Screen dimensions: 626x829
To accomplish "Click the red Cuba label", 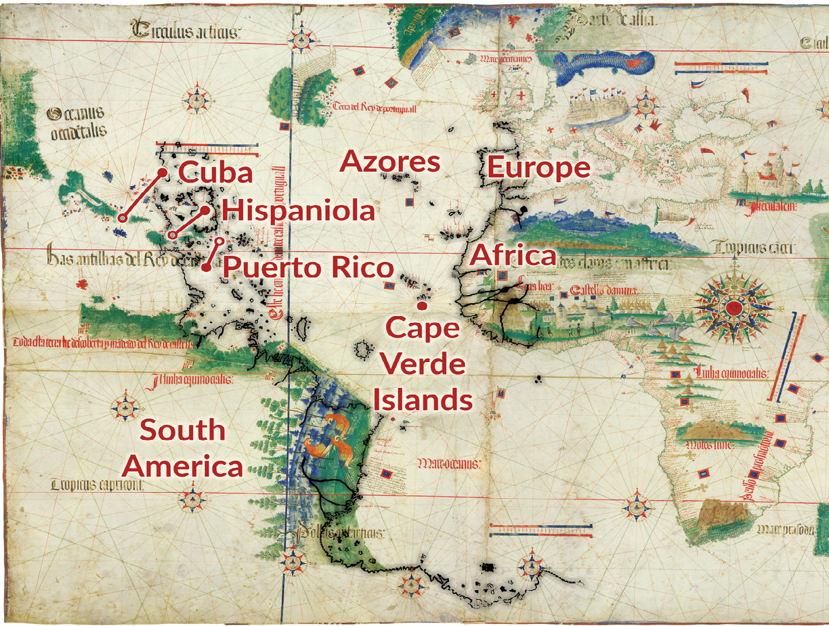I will (x=215, y=173).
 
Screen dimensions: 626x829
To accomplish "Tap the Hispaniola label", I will (x=298, y=210).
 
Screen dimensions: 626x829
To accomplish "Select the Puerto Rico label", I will (x=308, y=268).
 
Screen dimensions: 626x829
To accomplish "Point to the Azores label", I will (x=390, y=162).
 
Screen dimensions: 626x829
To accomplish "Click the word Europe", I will (x=538, y=167).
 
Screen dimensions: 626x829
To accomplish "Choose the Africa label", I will (x=513, y=256).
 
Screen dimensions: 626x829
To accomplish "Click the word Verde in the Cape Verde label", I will (x=423, y=365).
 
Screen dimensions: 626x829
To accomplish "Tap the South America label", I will (x=183, y=449).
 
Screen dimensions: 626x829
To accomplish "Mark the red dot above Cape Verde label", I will (x=421, y=306).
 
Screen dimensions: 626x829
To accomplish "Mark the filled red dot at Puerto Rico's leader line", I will (x=206, y=267).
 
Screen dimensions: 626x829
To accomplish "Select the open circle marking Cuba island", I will (x=123, y=218).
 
